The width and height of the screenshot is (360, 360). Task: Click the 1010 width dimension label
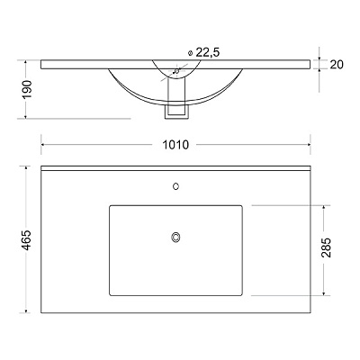click(175, 145)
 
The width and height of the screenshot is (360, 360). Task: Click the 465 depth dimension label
click(26, 240)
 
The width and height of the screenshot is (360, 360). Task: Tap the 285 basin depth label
click(326, 247)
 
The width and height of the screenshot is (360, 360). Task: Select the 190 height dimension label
click(27, 89)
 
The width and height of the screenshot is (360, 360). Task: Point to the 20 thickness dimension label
click(337, 65)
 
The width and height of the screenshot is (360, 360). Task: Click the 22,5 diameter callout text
click(208, 52)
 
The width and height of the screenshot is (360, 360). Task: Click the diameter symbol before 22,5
click(190, 53)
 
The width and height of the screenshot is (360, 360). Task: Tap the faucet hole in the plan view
click(176, 186)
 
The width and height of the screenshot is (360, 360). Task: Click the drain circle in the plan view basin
click(175, 237)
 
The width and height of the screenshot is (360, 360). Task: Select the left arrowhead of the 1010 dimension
click(43, 145)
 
